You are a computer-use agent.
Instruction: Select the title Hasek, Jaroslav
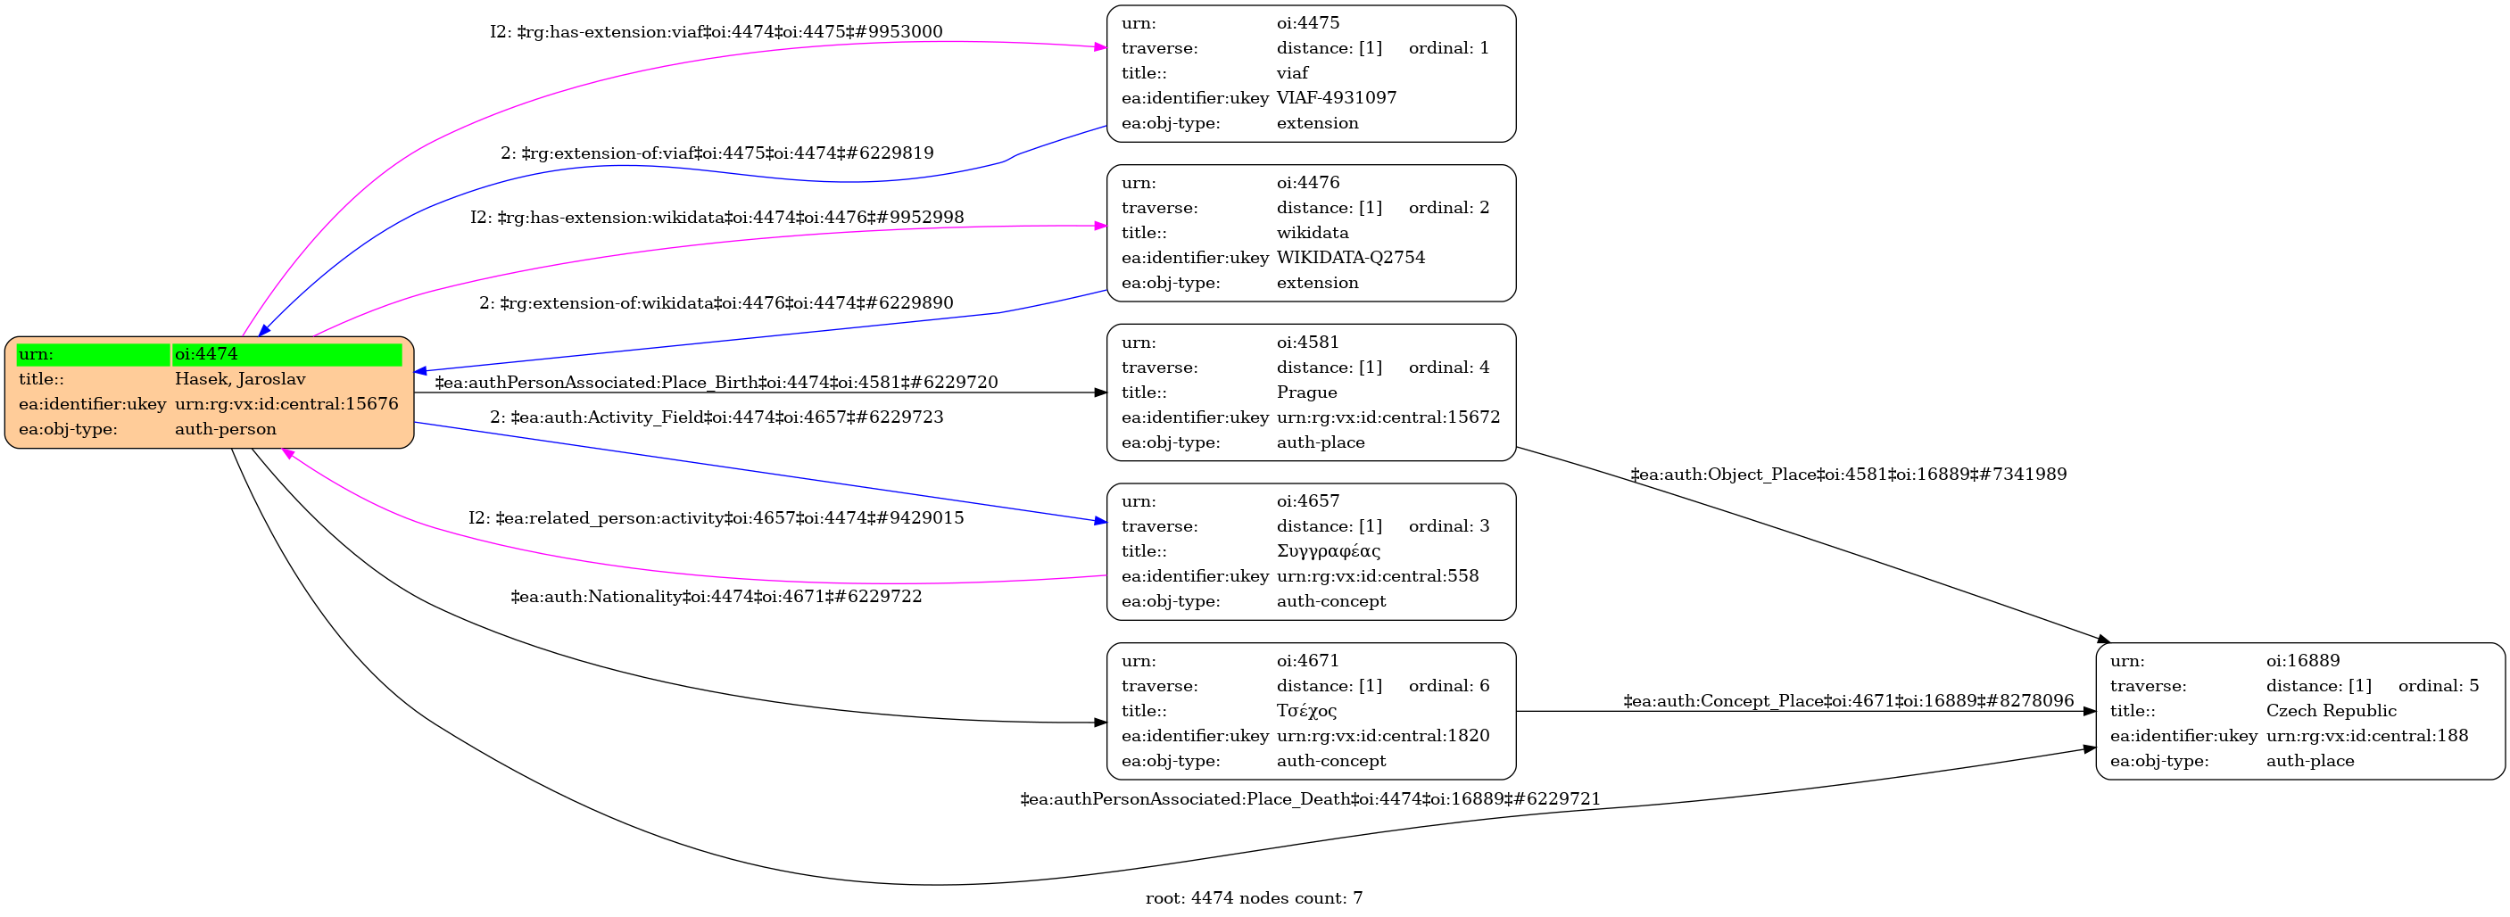pos(240,379)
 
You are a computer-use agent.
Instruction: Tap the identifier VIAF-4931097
pos(1336,97)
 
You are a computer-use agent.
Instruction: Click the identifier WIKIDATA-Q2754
pos(1351,257)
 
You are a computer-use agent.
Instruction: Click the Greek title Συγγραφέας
pos(1328,551)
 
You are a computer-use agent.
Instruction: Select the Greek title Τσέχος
pos(1305,711)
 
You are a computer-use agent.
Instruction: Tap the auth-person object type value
pos(225,429)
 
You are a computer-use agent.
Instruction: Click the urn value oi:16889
pos(2302,661)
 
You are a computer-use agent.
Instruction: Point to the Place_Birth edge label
pos(717,382)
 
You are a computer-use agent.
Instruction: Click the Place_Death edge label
pos(1310,799)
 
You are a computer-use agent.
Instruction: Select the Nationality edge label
pos(717,597)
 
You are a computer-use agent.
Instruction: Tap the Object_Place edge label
pos(1849,475)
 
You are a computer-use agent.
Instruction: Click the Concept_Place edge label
pos(1849,700)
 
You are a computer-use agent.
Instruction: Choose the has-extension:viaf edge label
pos(717,32)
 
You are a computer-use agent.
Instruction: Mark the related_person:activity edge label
pos(717,518)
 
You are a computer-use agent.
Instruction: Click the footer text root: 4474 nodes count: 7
pos(1254,898)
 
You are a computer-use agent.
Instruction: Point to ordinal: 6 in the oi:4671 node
pos(1449,686)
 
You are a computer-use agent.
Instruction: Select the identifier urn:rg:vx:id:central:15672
pos(1388,417)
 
